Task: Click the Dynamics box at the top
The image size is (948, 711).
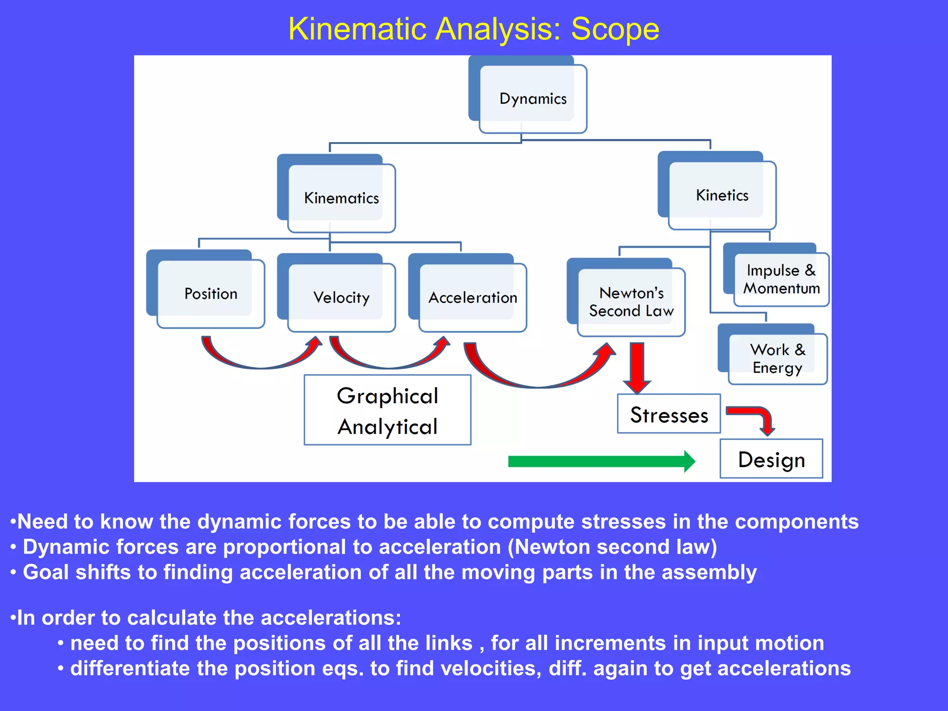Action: (533, 99)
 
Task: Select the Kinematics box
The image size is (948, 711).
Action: (342, 198)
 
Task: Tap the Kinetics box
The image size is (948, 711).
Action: (722, 195)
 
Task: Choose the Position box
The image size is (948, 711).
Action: (211, 293)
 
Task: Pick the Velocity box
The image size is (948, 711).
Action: (342, 297)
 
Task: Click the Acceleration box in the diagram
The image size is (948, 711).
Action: (473, 297)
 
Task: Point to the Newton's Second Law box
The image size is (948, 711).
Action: (631, 302)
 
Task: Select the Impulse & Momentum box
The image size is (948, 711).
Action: (781, 279)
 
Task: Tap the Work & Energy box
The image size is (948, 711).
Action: (778, 358)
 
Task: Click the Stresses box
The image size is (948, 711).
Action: (669, 414)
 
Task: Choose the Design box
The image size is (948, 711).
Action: (771, 459)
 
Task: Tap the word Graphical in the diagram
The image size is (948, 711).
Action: (387, 396)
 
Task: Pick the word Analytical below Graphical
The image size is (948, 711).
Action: (387, 426)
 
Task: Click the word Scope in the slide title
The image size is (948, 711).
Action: (615, 29)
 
